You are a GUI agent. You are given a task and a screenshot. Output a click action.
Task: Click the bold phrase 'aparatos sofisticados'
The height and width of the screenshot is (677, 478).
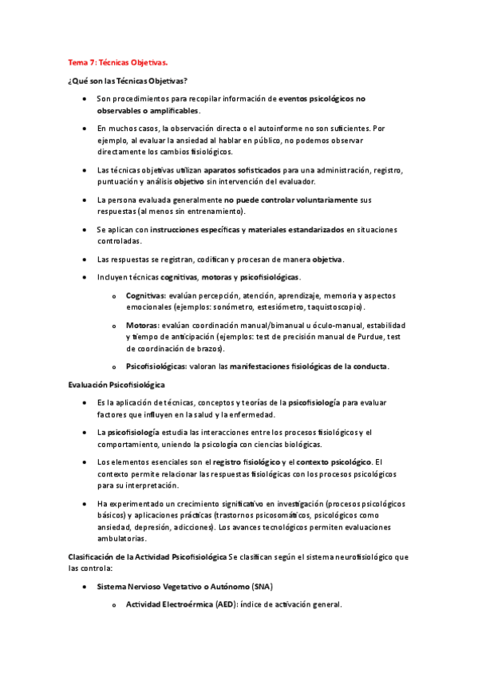(x=242, y=170)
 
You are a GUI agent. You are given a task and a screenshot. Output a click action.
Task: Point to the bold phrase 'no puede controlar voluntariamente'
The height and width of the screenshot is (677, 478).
(x=290, y=199)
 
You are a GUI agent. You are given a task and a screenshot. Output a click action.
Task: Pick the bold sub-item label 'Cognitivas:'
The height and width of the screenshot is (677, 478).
(x=147, y=295)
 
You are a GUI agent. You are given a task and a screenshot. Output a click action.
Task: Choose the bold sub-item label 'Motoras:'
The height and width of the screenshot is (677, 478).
(x=142, y=325)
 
